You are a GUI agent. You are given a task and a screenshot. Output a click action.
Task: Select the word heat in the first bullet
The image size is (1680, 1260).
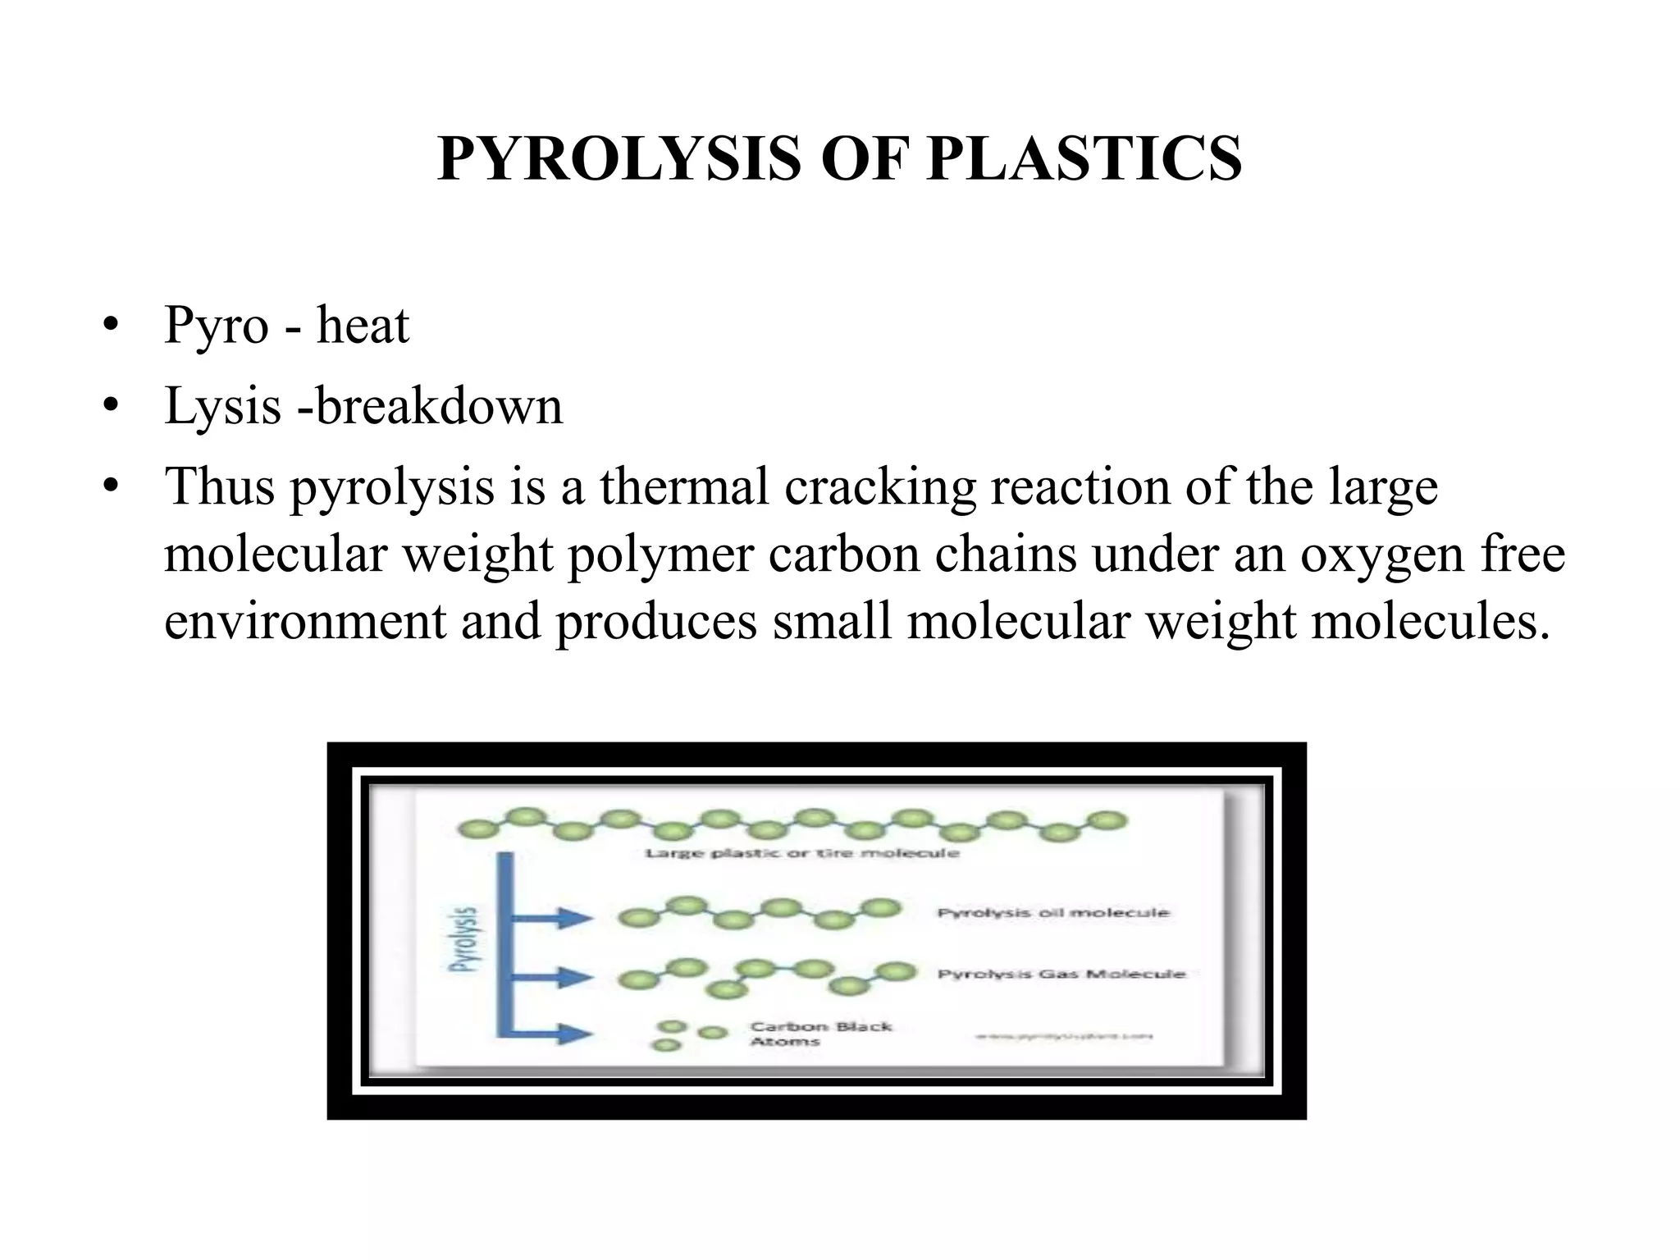click(363, 326)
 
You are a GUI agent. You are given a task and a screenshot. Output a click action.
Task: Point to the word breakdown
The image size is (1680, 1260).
click(440, 406)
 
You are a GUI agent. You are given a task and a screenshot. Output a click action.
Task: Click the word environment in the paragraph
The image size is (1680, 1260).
click(304, 621)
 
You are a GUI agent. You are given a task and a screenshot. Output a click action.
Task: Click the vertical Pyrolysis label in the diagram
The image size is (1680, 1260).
click(467, 938)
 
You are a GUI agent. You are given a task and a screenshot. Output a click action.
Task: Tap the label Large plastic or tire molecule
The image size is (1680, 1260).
click(801, 853)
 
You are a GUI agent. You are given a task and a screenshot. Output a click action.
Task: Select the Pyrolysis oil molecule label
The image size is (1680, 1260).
click(1053, 912)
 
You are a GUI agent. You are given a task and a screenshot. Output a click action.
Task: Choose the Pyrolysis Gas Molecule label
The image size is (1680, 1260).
click(1061, 974)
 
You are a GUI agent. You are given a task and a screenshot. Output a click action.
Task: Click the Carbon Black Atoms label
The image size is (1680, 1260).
click(820, 1034)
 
